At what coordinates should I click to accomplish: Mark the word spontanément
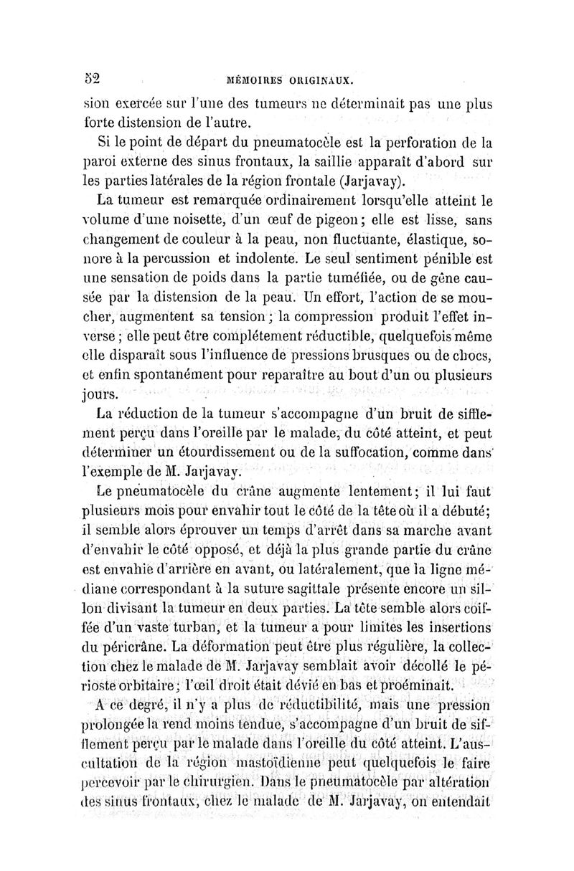click(177, 373)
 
